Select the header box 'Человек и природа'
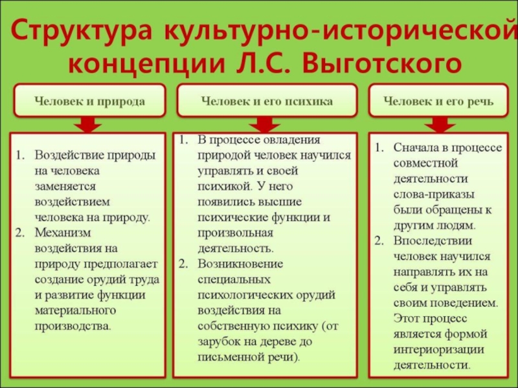pyautogui.click(x=89, y=101)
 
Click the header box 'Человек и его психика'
pyautogui.click(x=267, y=101)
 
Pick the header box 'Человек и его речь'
pyautogui.click(x=438, y=101)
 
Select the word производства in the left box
pyautogui.click(x=73, y=326)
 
